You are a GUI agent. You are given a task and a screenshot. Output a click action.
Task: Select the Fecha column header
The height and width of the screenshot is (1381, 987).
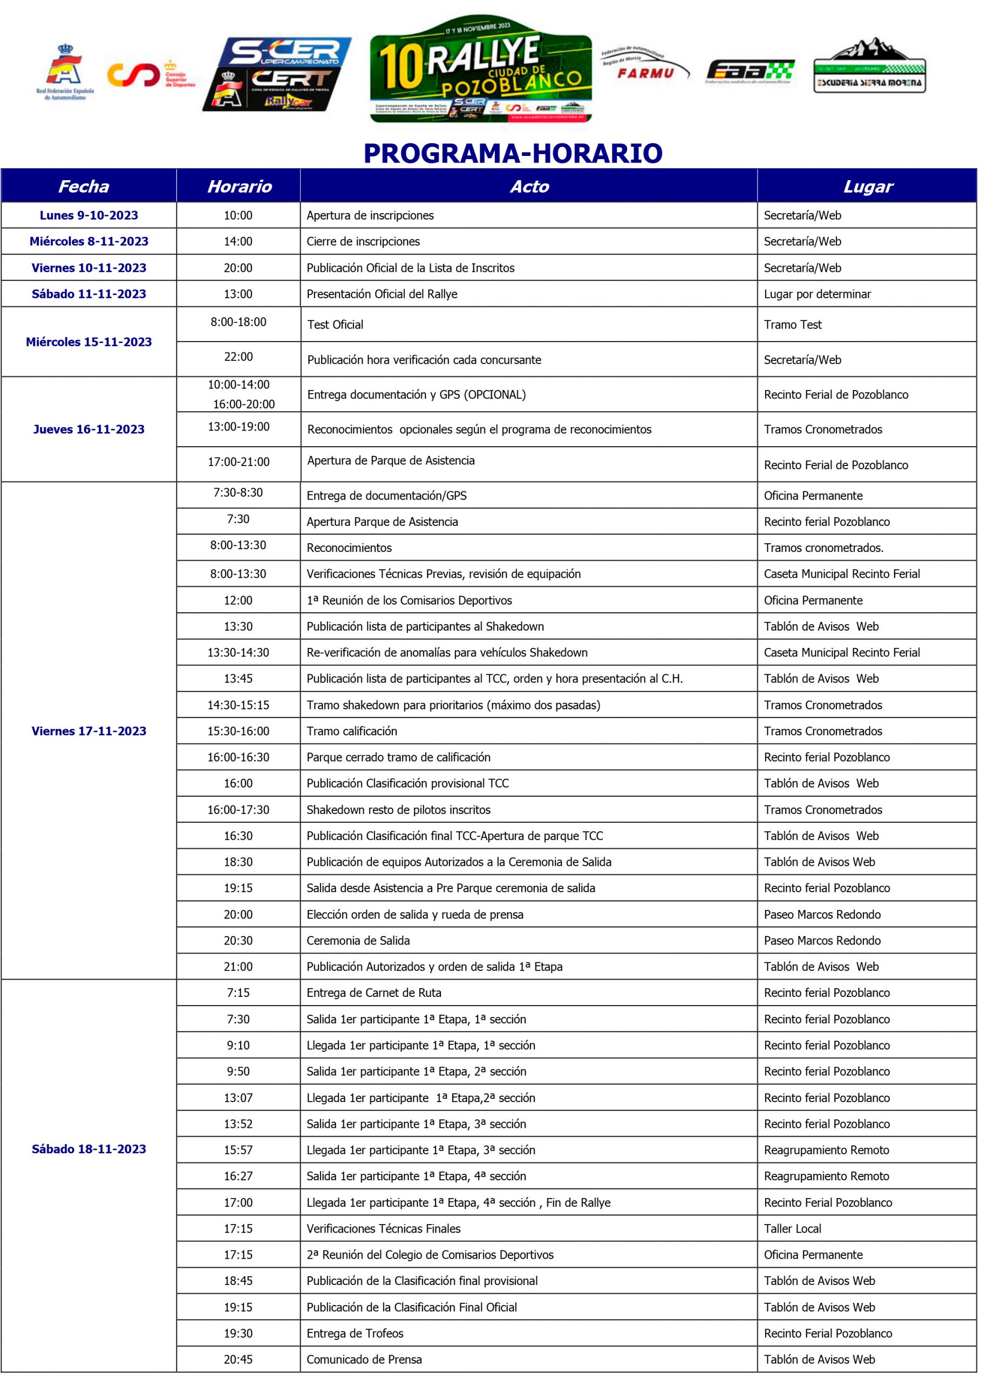[x=84, y=187]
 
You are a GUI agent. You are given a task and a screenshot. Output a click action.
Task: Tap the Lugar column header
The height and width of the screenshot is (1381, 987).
[x=867, y=187]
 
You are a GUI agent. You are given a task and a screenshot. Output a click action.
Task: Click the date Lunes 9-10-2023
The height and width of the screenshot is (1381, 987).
[x=89, y=215]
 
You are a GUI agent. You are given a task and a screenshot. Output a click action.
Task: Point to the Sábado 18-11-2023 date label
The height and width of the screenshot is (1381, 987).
[x=89, y=1148]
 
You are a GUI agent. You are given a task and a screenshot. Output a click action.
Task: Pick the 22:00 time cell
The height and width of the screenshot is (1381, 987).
[x=238, y=357]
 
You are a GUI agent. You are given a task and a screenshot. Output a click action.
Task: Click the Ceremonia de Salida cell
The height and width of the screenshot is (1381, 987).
[x=358, y=940]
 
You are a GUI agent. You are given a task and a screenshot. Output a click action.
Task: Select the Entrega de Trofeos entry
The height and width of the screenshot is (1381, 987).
[x=355, y=1333]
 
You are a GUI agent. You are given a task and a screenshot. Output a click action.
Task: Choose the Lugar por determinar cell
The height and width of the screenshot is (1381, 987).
[x=817, y=294]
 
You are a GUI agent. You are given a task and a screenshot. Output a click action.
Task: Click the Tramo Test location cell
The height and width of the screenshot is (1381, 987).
[x=793, y=324]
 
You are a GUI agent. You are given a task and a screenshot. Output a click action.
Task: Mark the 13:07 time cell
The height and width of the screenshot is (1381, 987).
[x=238, y=1097]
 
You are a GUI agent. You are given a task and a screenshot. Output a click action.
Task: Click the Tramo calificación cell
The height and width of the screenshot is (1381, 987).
[x=352, y=731]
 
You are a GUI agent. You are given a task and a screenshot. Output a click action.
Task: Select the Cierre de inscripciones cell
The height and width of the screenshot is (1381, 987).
[x=363, y=241]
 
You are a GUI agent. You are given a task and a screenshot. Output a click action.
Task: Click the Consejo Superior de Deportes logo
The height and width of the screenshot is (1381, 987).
[x=151, y=74]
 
